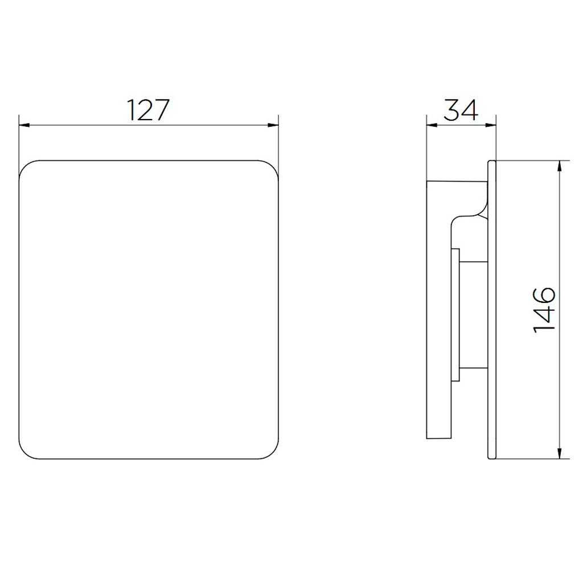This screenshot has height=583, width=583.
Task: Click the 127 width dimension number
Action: coord(148,110)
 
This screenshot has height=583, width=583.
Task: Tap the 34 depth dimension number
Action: coord(461,110)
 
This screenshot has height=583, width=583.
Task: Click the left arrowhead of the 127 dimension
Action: coord(24,125)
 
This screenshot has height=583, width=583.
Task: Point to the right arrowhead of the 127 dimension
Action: coord(273,125)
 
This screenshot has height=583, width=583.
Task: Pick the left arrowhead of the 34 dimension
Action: coord(432,125)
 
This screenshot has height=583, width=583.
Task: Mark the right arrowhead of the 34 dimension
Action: coord(491,125)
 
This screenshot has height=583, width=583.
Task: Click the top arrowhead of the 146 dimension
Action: coord(559,166)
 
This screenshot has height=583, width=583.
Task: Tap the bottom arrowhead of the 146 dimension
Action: coord(559,453)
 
